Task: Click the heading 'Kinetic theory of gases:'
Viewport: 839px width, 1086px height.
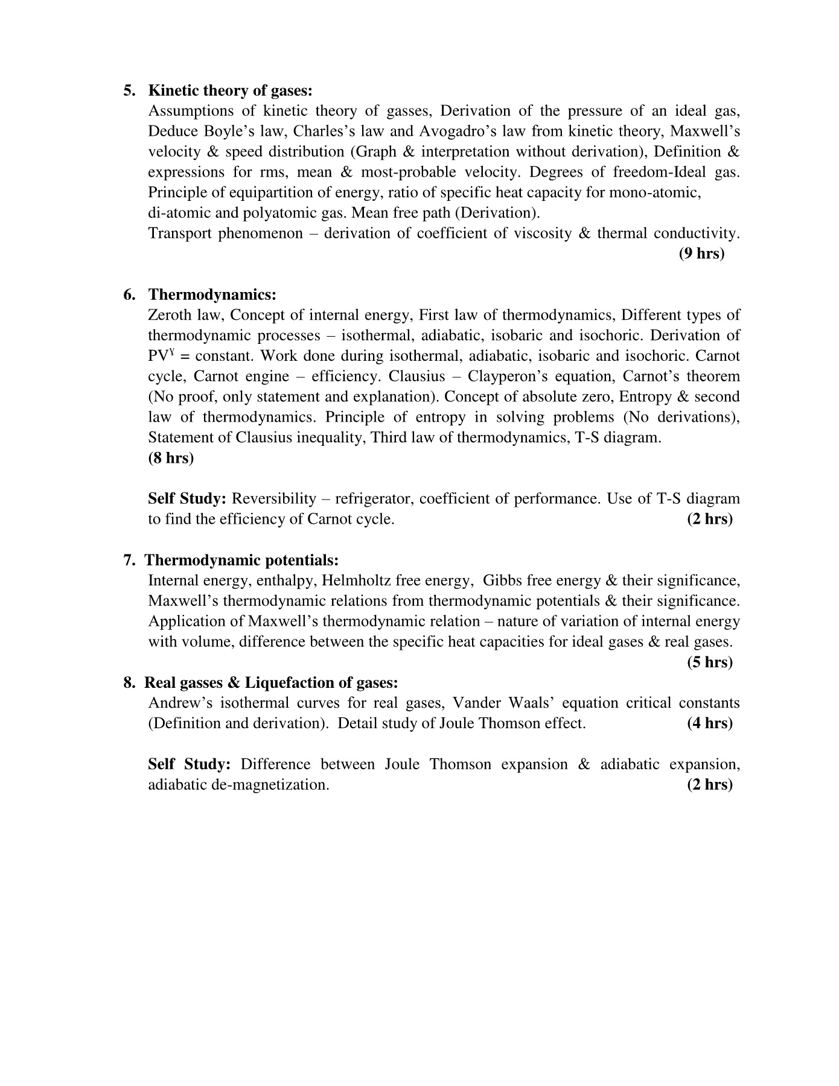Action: [x=231, y=91]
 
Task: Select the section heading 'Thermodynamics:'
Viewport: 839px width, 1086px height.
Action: [x=212, y=294]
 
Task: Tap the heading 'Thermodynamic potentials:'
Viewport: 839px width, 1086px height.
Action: [x=242, y=560]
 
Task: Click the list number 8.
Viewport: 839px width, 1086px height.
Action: [x=129, y=682]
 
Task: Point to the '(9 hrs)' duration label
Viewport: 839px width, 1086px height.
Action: [x=701, y=253]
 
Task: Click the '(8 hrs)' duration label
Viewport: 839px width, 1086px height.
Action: [x=171, y=458]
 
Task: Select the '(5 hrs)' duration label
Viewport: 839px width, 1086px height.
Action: [x=710, y=662]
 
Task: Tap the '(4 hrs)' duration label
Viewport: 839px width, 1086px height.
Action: [x=710, y=723]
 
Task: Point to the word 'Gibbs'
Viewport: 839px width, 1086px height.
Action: [x=502, y=580]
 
